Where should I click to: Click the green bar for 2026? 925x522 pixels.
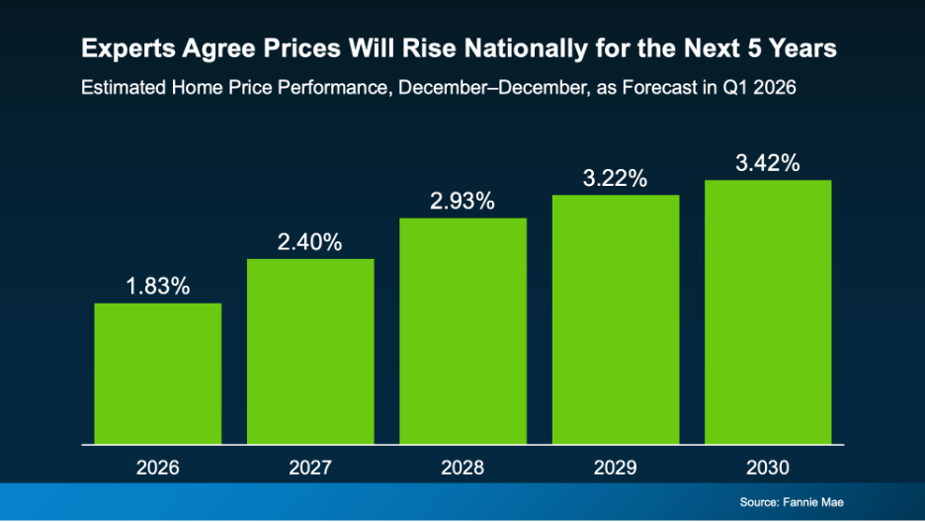158,374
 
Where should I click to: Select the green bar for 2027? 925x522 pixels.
310,352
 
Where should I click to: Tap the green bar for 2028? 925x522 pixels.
462,331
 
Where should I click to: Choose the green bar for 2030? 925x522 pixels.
767,312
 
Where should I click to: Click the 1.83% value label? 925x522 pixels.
158,287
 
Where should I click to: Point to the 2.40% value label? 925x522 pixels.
310,243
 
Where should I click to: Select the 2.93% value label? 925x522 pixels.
462,202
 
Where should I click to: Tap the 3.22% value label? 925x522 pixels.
615,179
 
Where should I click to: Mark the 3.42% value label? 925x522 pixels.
767,164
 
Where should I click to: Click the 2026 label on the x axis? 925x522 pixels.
158,466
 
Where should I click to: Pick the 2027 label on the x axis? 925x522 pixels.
310,466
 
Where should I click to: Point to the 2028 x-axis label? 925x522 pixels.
462,466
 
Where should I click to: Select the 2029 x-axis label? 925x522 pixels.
615,466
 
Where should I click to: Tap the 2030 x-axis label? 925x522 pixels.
767,466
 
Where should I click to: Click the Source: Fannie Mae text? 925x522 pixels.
792,502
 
